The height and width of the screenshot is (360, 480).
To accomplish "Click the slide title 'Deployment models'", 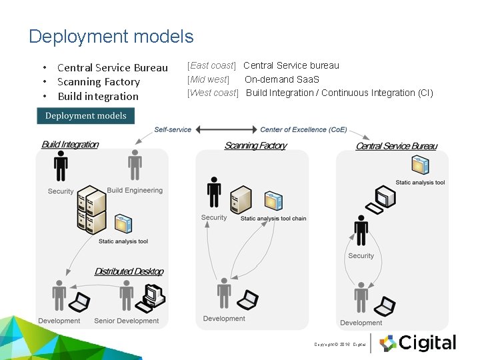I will [111, 37].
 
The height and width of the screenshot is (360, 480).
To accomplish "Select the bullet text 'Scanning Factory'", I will [99, 82].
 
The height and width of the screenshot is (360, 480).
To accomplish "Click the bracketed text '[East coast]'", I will [211, 65].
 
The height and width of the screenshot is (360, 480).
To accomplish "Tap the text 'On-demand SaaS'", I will [282, 79].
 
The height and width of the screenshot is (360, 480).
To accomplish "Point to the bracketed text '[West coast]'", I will [213, 93].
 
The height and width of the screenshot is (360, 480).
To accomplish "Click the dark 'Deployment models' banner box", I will [85, 116].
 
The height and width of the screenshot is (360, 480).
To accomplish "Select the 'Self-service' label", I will [173, 129].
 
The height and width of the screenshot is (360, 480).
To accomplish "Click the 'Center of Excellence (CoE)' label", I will [303, 129].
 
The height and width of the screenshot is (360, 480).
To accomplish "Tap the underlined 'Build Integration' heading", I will [70, 145].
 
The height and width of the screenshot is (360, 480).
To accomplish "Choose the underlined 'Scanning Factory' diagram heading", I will [255, 145].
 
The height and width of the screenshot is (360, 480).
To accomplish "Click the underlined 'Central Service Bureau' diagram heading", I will [397, 146].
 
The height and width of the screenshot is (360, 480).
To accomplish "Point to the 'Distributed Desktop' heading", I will [129, 271].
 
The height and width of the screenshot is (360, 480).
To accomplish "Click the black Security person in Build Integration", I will [61, 166].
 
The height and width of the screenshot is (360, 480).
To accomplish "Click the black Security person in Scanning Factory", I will [214, 192].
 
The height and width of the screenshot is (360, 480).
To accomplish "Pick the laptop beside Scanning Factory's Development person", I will [249, 300].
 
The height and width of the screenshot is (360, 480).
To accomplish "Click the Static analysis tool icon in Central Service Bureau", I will [420, 165].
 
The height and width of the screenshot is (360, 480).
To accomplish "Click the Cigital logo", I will [418, 343].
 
